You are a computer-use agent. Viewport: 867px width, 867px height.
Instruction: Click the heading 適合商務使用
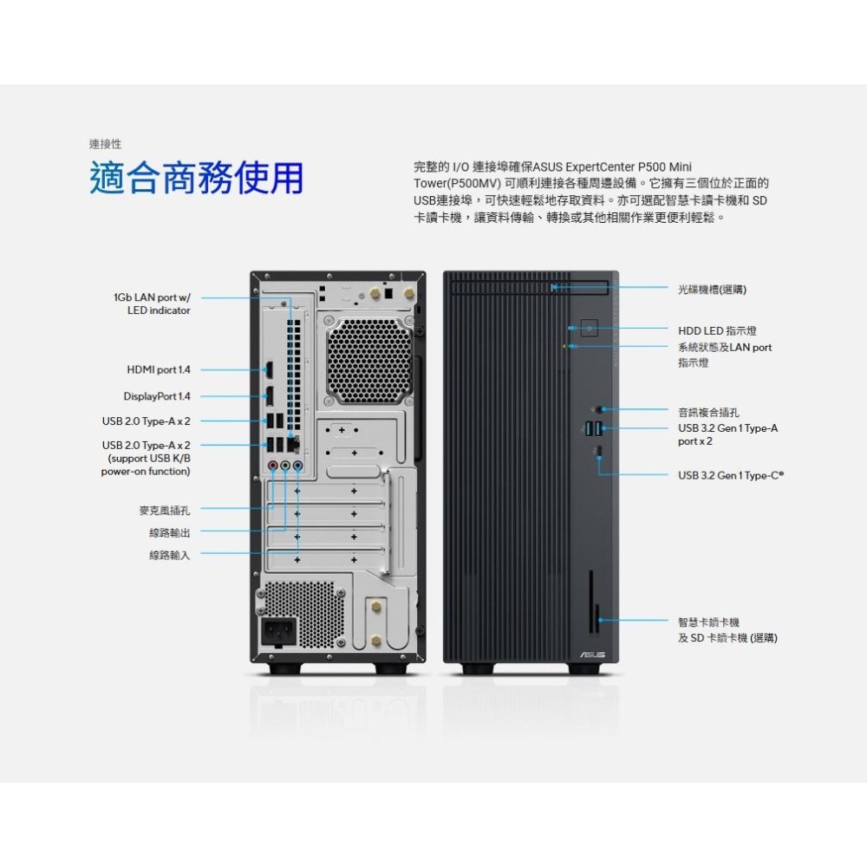click(197, 178)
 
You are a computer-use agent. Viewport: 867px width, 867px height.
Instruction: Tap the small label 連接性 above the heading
click(105, 143)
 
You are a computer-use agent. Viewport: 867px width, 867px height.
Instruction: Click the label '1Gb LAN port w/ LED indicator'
click(152, 303)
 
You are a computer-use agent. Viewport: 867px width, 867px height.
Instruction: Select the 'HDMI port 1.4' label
click(159, 369)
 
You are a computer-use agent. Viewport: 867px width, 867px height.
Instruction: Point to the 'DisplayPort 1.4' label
click(156, 396)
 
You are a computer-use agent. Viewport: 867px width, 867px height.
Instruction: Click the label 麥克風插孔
click(169, 510)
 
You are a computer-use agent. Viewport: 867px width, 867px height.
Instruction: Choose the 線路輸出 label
click(169, 532)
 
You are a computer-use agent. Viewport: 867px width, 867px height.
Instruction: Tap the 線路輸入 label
click(169, 555)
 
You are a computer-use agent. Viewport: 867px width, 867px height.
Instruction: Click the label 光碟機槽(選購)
click(712, 289)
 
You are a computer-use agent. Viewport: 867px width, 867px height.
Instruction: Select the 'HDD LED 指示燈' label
click(717, 331)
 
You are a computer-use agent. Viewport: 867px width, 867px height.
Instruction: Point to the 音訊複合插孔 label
click(709, 412)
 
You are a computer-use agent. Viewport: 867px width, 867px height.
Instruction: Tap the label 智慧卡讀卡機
click(708, 622)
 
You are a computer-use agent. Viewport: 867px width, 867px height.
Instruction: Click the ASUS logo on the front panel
click(593, 655)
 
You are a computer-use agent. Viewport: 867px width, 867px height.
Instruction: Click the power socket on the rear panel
click(279, 632)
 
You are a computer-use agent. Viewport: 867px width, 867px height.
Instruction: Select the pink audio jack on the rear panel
click(273, 466)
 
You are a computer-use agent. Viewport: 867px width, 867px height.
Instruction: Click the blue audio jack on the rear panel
click(298, 466)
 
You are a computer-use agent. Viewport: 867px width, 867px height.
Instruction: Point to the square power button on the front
click(590, 329)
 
